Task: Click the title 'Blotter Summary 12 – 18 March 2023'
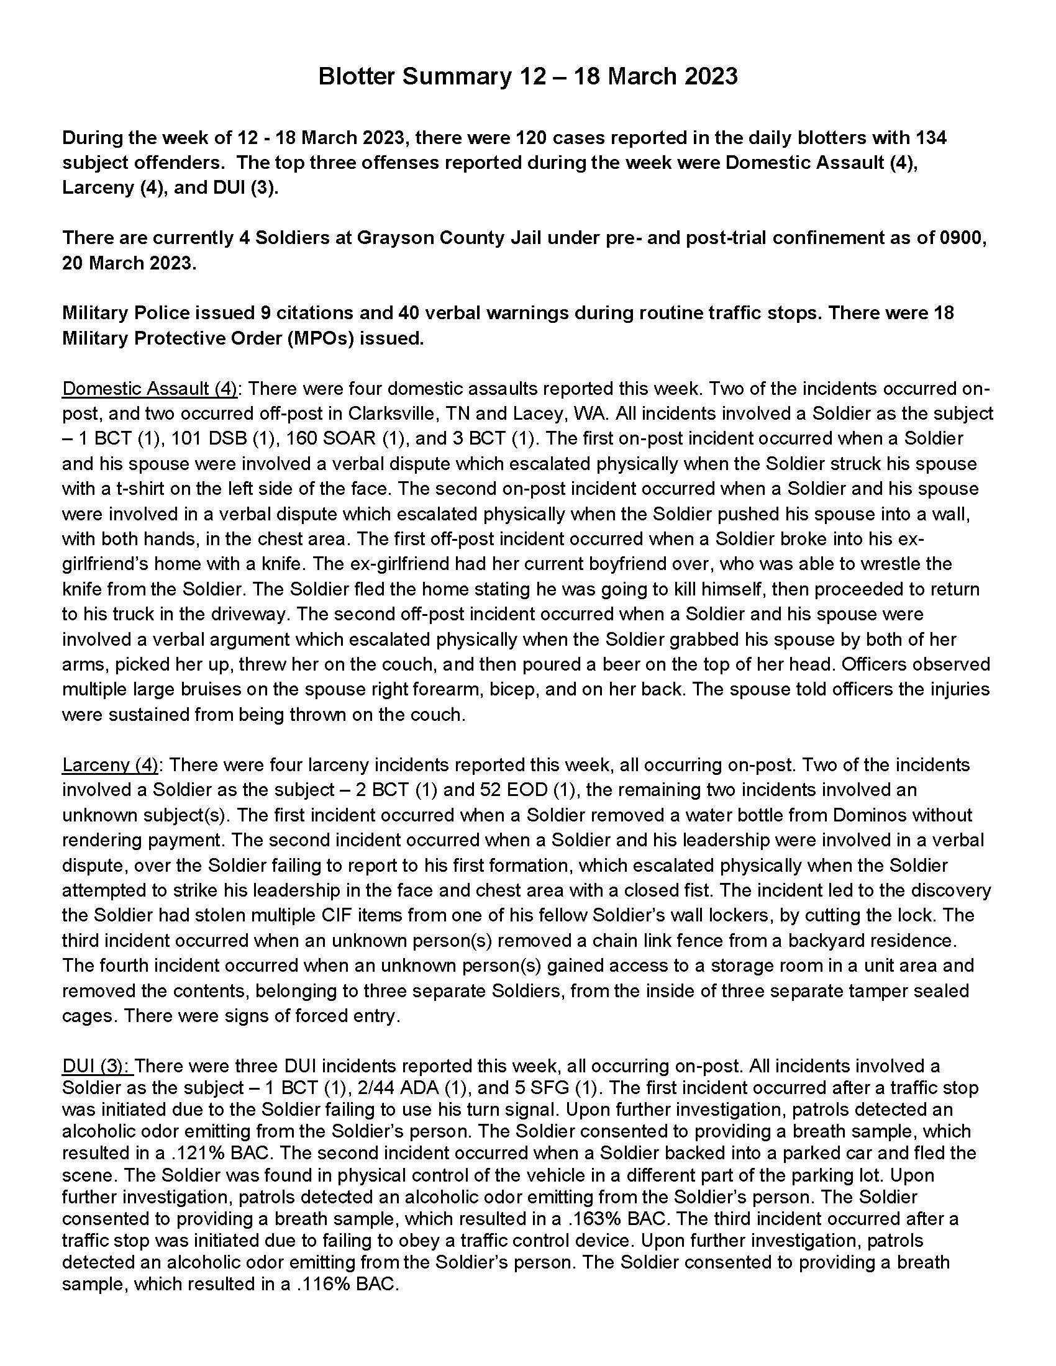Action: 527,76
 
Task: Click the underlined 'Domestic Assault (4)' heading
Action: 150,389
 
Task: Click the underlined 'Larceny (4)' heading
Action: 110,764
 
